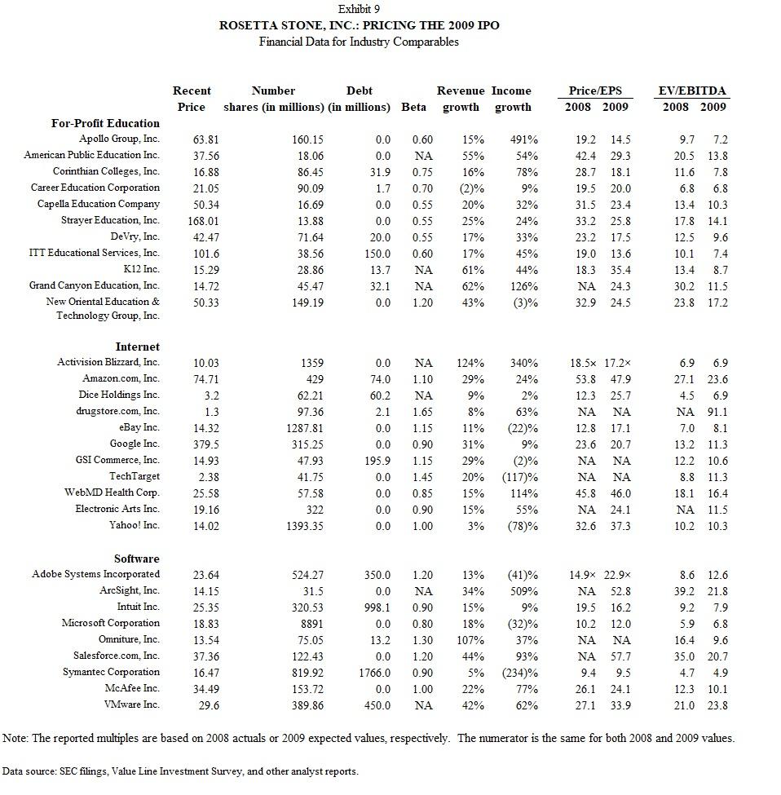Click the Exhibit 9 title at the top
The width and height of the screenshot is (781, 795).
(359, 9)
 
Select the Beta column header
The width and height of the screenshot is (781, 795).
(413, 108)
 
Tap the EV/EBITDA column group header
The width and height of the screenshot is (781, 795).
(692, 91)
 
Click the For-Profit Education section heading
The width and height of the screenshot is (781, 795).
(105, 123)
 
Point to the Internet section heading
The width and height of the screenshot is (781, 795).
(137, 347)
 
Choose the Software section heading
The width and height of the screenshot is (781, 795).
(137, 559)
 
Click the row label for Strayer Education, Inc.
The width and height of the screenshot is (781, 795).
(110, 221)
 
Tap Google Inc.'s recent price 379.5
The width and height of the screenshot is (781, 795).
(192, 444)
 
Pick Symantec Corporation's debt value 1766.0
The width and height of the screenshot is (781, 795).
(373, 673)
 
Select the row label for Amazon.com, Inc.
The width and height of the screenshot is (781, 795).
(121, 378)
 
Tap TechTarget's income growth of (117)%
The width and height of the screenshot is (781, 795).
(519, 477)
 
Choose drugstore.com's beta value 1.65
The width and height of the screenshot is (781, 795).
(421, 412)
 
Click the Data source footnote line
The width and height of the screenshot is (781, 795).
(179, 771)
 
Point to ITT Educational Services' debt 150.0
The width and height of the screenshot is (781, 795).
(376, 254)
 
